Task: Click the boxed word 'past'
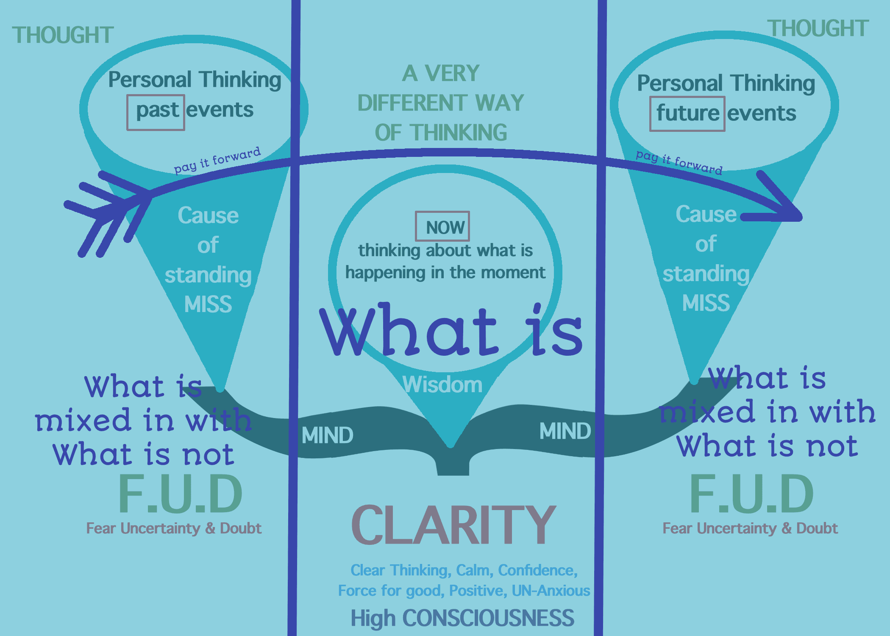tap(157, 110)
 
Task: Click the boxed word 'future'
tap(687, 113)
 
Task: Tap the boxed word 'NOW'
tap(445, 228)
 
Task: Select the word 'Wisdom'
tap(442, 385)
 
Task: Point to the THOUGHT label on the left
tap(63, 35)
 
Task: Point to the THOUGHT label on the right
tap(818, 29)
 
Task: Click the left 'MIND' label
tap(327, 435)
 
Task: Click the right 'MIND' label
tap(565, 431)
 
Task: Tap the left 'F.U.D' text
tap(180, 494)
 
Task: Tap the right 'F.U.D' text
tap(751, 494)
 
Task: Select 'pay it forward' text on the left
tap(217, 161)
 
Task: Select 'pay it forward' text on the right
tap(679, 162)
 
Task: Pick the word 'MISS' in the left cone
tap(208, 304)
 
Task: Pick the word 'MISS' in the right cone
tap(706, 303)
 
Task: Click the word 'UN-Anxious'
tap(551, 591)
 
